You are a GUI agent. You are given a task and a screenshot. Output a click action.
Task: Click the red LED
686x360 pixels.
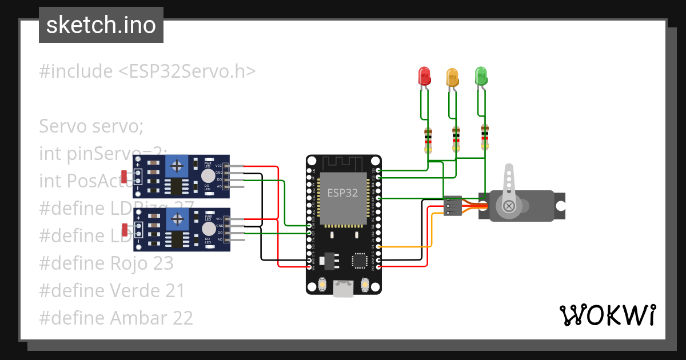click(x=424, y=76)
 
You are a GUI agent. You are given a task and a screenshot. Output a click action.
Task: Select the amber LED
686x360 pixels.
click(x=452, y=78)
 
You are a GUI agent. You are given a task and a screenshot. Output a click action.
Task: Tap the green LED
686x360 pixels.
click(x=481, y=75)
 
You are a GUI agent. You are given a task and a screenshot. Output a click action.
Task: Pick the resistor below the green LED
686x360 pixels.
click(x=485, y=137)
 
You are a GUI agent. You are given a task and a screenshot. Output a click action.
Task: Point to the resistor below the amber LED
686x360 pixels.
click(x=456, y=139)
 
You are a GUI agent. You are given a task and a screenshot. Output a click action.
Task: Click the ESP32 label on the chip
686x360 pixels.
click(x=342, y=193)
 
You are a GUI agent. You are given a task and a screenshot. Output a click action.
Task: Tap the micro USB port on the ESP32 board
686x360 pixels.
click(x=343, y=289)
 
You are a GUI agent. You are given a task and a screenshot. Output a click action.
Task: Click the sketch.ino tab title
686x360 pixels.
click(x=101, y=25)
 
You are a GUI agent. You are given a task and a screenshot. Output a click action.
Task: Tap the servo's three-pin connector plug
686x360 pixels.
click(x=453, y=206)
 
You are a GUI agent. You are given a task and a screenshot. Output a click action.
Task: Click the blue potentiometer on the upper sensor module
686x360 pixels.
click(x=178, y=166)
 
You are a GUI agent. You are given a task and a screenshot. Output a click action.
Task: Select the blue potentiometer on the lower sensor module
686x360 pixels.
click(x=178, y=218)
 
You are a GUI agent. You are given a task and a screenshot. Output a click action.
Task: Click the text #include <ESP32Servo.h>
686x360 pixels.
click(x=147, y=71)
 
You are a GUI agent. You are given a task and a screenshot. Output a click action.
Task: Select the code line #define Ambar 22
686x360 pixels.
click(x=116, y=317)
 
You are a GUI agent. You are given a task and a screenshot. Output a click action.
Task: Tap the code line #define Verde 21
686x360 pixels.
click(x=112, y=290)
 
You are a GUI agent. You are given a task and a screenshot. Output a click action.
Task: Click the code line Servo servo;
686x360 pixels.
click(x=91, y=126)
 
